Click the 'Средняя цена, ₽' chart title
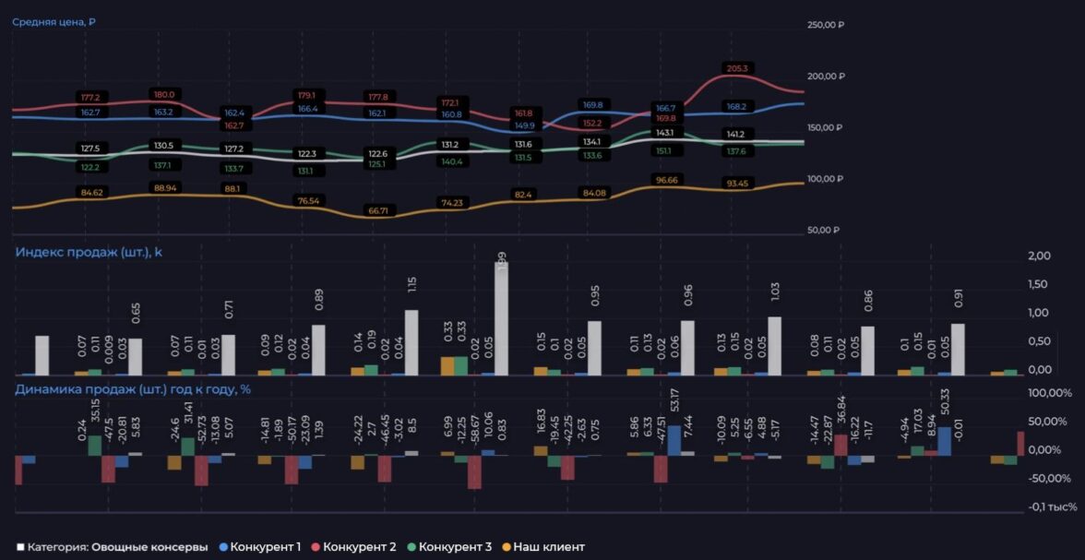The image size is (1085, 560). (x=54, y=21)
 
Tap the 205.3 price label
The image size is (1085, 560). (x=738, y=68)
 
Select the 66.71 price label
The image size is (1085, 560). (x=378, y=210)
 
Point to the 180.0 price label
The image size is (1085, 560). (x=164, y=94)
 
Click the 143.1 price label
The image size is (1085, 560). (x=664, y=133)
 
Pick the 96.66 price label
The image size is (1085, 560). (x=665, y=180)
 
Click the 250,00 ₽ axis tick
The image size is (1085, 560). (x=826, y=25)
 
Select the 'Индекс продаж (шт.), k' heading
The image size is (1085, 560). (x=89, y=251)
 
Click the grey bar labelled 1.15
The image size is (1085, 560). (x=411, y=342)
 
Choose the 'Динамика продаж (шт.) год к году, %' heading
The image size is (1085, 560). (x=133, y=389)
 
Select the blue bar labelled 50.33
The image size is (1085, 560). (x=944, y=441)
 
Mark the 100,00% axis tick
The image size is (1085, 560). (x=1050, y=394)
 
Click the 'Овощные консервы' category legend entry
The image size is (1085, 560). (x=149, y=547)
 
